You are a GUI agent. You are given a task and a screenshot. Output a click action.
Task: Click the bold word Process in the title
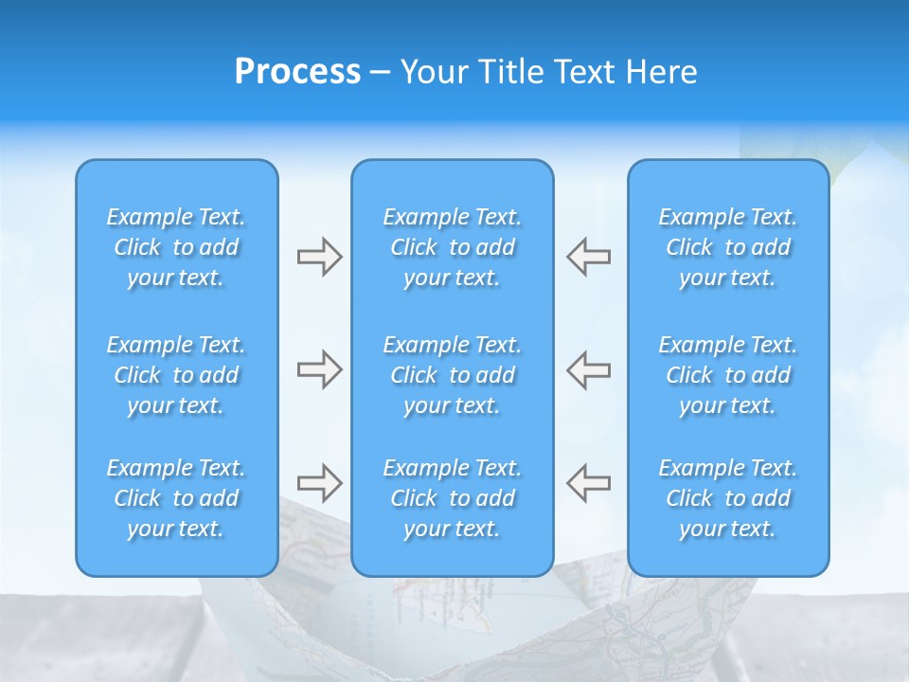(297, 72)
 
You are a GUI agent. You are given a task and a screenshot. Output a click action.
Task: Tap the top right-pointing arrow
(319, 257)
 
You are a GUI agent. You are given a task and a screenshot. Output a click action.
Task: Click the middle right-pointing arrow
(319, 369)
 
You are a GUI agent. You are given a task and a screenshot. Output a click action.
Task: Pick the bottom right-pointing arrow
(319, 483)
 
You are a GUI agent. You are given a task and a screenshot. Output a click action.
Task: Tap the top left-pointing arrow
(589, 257)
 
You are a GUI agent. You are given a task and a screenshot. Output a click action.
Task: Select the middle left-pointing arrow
(589, 369)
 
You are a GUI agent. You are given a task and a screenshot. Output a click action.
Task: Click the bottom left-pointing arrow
(589, 483)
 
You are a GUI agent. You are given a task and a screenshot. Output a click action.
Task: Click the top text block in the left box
(176, 247)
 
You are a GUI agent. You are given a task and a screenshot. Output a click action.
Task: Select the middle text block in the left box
(176, 375)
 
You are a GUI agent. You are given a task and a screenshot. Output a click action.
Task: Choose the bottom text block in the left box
(176, 498)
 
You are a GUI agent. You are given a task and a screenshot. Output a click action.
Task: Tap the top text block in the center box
(453, 247)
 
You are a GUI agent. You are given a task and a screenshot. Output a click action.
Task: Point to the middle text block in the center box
(453, 375)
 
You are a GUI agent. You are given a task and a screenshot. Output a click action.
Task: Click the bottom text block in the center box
(453, 498)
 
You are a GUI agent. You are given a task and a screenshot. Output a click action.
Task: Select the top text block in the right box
(728, 247)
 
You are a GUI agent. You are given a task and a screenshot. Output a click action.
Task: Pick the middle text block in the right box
(728, 375)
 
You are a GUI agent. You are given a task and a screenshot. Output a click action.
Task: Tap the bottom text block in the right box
(728, 498)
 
